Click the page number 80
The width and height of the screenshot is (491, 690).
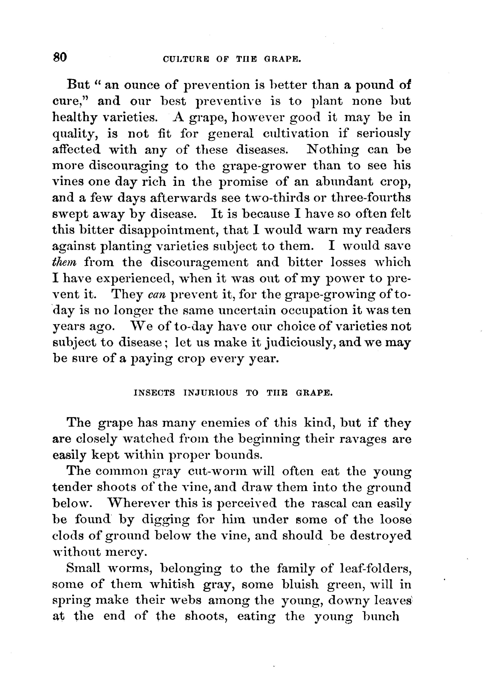(x=60, y=57)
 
